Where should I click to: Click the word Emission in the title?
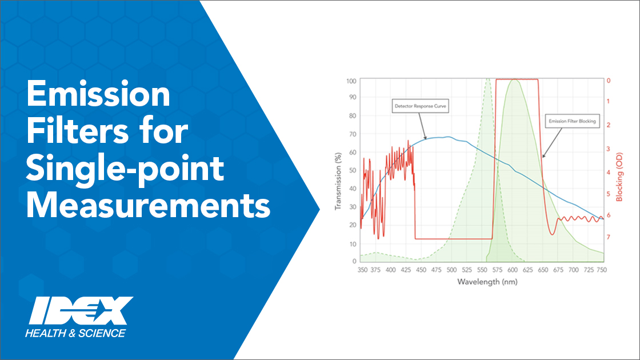[98, 94]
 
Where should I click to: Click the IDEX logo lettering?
[81, 311]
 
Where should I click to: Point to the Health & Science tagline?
[75, 333]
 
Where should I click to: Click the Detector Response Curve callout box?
[420, 106]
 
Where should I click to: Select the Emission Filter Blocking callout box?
[572, 121]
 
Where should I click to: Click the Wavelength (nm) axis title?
[487, 282]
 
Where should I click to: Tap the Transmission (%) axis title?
[338, 182]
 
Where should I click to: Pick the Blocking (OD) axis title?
[619, 177]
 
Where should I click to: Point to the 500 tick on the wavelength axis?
[451, 270]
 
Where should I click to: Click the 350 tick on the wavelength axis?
[362, 270]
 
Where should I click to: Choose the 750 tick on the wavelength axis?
[602, 270]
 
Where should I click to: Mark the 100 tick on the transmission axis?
[351, 81]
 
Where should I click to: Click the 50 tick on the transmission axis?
[353, 170]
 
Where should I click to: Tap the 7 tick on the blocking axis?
[608, 237]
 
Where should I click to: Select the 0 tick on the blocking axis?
[609, 81]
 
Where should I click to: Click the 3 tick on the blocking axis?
[608, 149]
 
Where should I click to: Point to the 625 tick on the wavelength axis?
[528, 270]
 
